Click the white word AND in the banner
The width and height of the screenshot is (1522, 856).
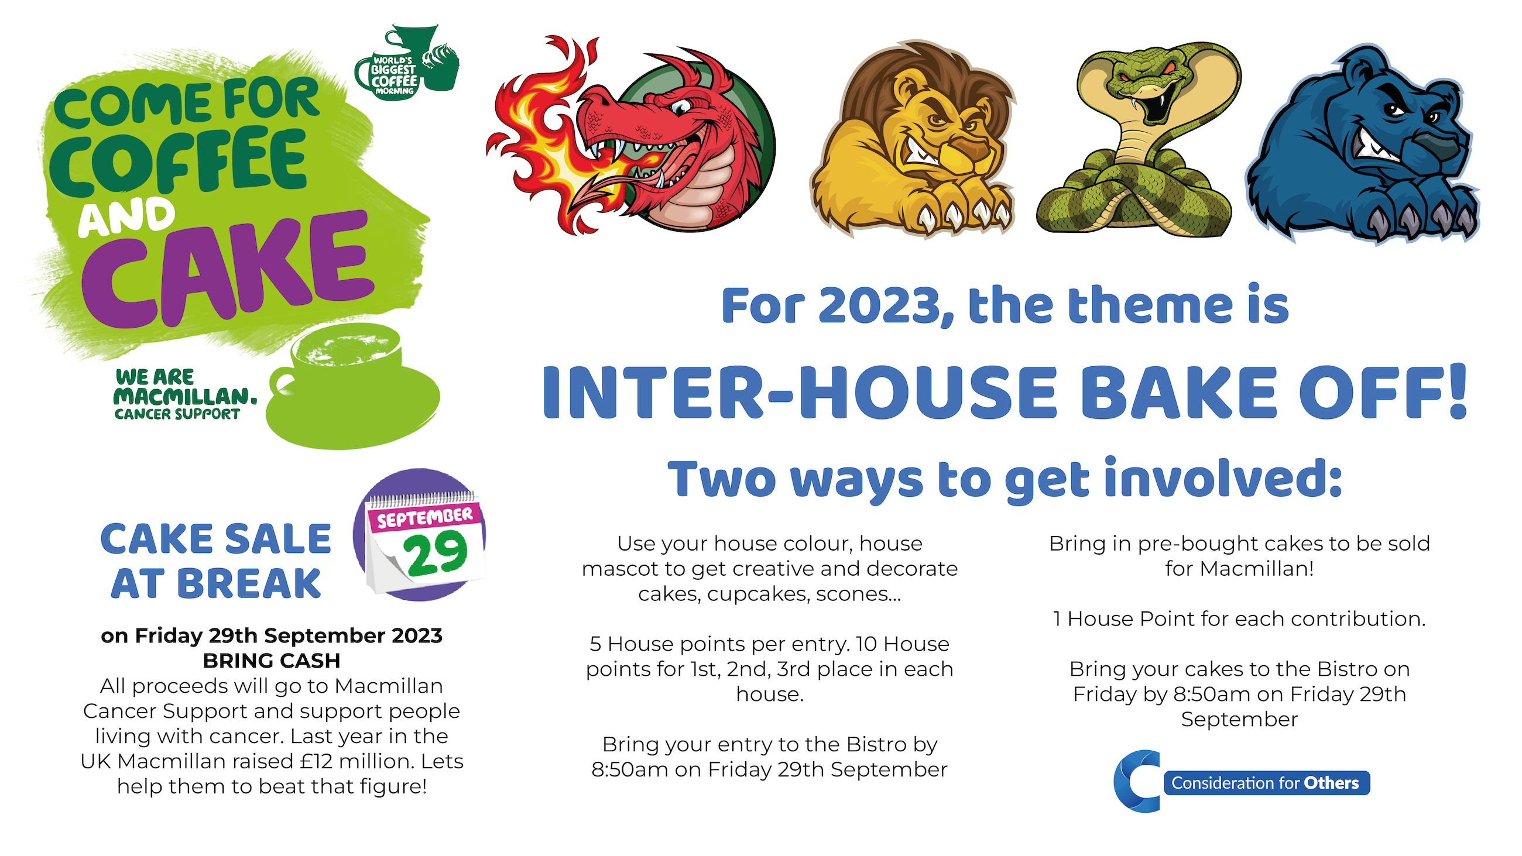tap(126, 218)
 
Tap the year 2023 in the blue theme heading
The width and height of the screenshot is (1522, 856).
tap(886, 305)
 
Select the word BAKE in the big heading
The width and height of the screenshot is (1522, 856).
tap(1180, 392)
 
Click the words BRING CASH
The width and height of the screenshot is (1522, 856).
tap(272, 661)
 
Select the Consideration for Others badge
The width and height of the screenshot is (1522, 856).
tap(1242, 782)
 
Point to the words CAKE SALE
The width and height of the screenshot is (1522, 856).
tap(216, 539)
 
